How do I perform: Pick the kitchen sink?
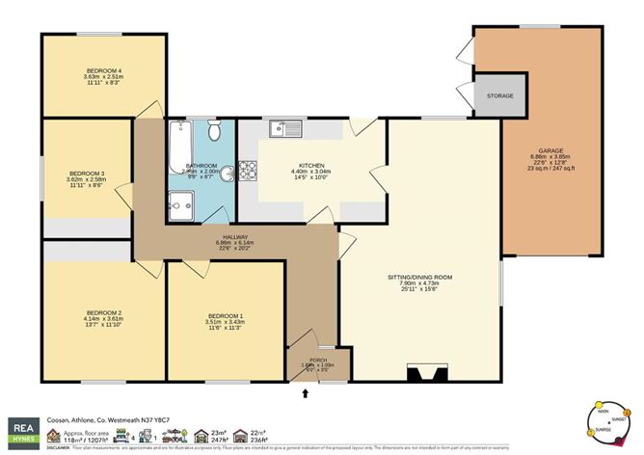[285, 126]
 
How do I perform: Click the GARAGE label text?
[550, 151]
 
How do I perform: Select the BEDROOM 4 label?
[103, 71]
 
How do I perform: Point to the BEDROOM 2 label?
[105, 312]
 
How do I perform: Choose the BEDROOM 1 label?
[228, 316]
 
